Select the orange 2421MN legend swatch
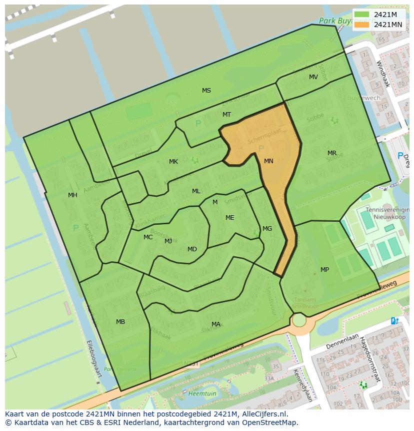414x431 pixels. [x=362, y=25]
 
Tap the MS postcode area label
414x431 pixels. [x=206, y=91]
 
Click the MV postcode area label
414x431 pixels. [x=313, y=77]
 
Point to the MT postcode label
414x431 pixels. [x=226, y=115]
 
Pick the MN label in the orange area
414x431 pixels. [x=268, y=161]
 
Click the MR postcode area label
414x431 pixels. [x=331, y=153]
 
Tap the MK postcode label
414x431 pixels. [x=173, y=162]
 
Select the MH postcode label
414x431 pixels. [x=72, y=195]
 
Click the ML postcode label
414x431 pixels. [x=196, y=191]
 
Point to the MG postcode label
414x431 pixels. [x=267, y=229]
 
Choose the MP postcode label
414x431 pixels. [x=324, y=270]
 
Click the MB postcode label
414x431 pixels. [x=120, y=322]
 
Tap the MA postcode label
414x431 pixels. [x=215, y=324]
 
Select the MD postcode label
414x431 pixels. [x=192, y=249]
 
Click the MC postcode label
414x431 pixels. [x=148, y=237]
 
